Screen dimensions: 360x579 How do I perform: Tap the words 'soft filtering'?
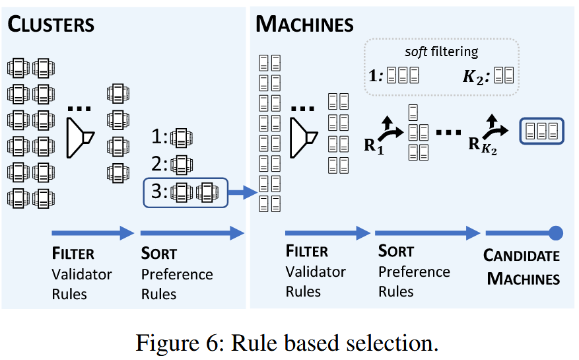click(x=441, y=52)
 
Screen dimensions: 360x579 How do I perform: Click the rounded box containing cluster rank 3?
click(x=185, y=193)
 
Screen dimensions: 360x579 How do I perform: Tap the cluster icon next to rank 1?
click(x=180, y=138)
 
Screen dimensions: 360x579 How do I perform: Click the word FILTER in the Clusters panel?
click(x=73, y=253)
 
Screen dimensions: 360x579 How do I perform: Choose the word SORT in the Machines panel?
click(x=396, y=251)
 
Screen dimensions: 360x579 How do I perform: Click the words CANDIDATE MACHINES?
click(x=522, y=267)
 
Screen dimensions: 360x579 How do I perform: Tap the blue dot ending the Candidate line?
click(x=556, y=233)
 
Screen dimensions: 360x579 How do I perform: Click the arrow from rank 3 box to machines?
click(x=242, y=193)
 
